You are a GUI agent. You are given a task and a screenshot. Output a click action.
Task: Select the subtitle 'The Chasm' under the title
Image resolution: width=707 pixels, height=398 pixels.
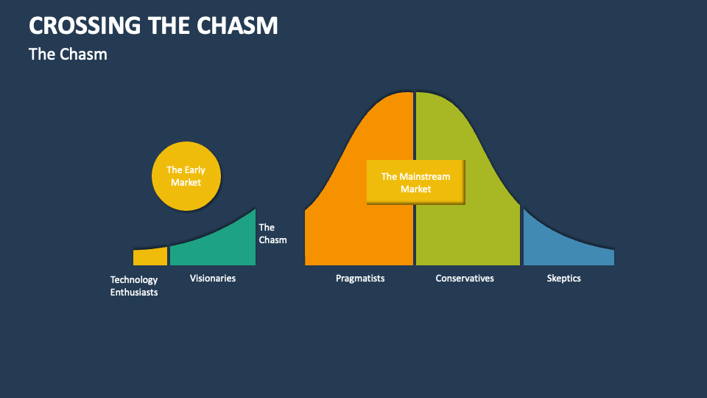click(68, 54)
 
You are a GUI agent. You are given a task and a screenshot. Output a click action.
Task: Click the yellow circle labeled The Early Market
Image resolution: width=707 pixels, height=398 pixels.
click(186, 176)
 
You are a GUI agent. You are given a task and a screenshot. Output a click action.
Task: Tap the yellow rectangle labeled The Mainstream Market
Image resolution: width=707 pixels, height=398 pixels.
click(415, 182)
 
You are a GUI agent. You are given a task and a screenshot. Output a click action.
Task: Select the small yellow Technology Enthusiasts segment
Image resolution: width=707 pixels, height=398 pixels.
click(150, 256)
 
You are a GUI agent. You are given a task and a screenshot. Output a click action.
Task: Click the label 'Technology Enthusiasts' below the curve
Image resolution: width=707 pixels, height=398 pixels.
click(134, 286)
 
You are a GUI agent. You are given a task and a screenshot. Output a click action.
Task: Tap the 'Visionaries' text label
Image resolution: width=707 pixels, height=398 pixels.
click(213, 278)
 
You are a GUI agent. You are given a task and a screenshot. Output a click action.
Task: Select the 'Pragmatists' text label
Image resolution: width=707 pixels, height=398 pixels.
click(360, 278)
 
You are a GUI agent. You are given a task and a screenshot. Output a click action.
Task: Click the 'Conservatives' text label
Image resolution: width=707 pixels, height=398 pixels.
click(465, 278)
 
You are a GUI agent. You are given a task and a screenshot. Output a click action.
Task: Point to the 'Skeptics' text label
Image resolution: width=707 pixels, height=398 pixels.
click(564, 278)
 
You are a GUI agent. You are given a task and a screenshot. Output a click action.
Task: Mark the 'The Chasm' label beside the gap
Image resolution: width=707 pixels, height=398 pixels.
click(272, 234)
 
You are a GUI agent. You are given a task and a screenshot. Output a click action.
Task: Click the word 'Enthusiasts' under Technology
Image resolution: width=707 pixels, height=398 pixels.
click(134, 292)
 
